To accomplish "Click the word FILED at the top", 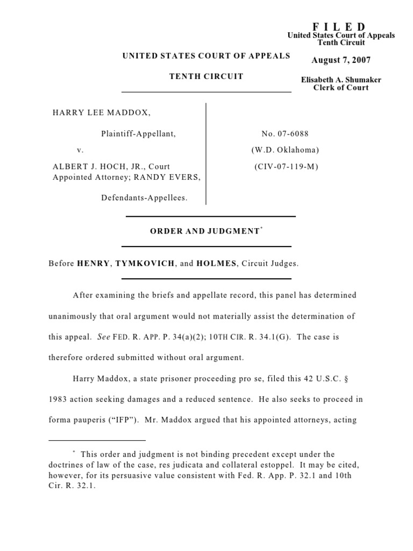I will pos(340,26).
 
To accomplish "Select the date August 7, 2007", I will pos(341,60).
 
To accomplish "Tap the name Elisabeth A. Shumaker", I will pos(341,80).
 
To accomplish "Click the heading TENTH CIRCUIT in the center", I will pos(206,76).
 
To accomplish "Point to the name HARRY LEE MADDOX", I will pos(101,112).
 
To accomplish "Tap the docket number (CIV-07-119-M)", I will pos(285,167).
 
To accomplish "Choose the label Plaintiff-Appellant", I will pos(138,133).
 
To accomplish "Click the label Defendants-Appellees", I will pos(144,197).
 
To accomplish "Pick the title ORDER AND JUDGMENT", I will pos(204,231).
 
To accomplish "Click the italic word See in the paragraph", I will pos(103,337).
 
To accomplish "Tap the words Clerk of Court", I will pos(341,88).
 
